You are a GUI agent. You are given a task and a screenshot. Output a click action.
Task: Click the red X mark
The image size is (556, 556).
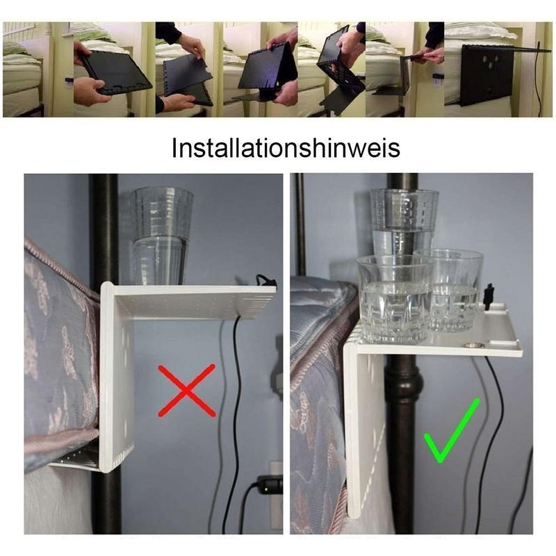(186, 390)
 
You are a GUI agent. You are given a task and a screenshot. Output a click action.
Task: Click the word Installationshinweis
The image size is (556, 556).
(286, 147)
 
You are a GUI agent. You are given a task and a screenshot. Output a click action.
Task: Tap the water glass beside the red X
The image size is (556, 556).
(161, 236)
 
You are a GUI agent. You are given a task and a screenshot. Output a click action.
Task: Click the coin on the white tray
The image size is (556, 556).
(473, 345)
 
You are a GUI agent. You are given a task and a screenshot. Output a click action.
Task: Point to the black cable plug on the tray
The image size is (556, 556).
(489, 297)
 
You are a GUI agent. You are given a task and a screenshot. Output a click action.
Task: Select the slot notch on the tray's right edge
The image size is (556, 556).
(496, 342)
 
